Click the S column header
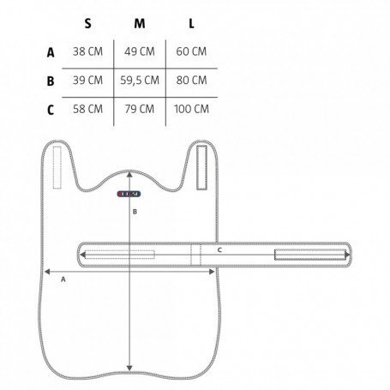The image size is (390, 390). (x=87, y=23)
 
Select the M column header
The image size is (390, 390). (x=140, y=23)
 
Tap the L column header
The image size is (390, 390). (x=191, y=23)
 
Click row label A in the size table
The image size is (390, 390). (x=51, y=52)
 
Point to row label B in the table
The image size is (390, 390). (x=51, y=81)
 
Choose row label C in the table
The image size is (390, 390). (x=51, y=110)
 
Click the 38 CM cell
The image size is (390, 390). (x=87, y=51)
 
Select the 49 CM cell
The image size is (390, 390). (x=140, y=51)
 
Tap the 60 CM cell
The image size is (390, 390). (x=191, y=51)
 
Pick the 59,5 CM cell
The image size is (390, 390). (x=140, y=81)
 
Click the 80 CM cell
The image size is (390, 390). (x=191, y=81)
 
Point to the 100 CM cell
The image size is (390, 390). (x=191, y=109)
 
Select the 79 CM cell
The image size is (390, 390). (x=140, y=109)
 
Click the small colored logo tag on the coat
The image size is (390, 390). (x=129, y=194)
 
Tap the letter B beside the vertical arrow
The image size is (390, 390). (x=135, y=212)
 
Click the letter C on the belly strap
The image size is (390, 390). (x=219, y=250)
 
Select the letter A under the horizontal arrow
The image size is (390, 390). (x=63, y=279)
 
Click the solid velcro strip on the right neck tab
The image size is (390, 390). (x=201, y=167)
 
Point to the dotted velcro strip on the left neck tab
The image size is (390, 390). (x=57, y=167)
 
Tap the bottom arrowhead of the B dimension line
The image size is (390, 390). (x=129, y=368)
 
